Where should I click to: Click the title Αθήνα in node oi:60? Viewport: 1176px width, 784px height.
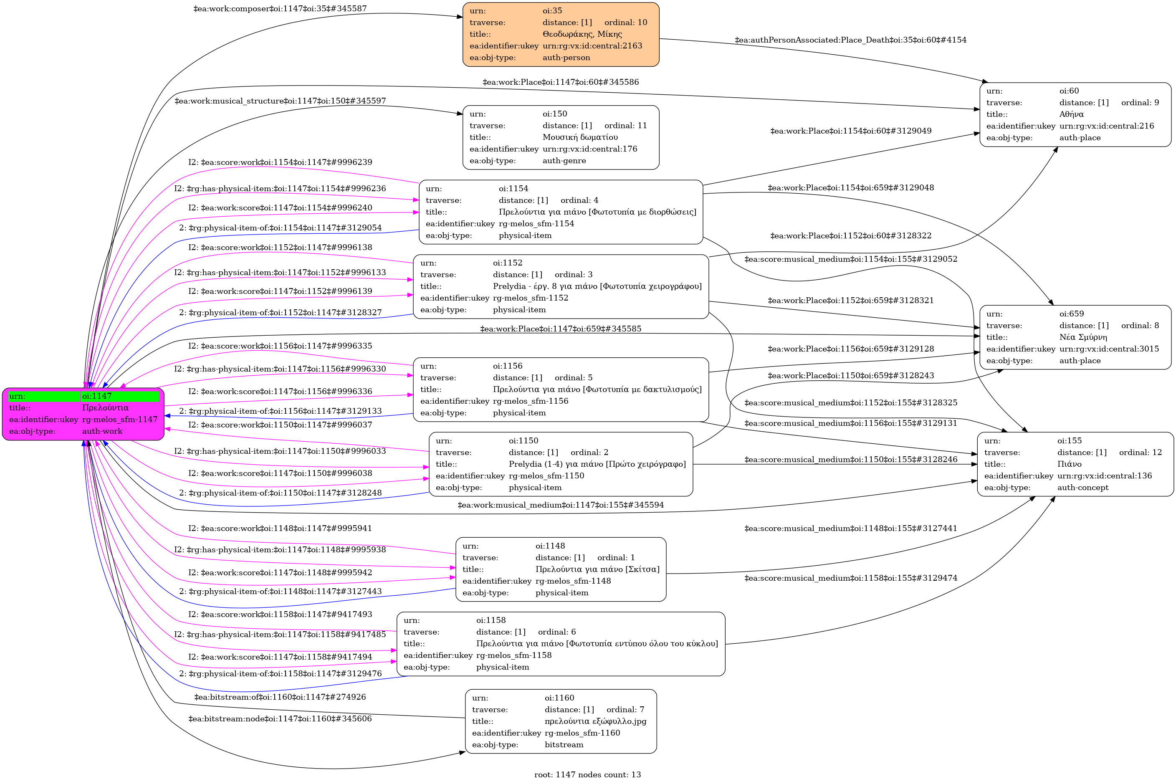(x=1071, y=114)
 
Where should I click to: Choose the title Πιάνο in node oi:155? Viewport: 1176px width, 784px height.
(x=1069, y=464)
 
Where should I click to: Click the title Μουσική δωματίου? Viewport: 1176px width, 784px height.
(x=580, y=137)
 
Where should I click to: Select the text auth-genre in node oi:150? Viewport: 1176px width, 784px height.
(x=564, y=160)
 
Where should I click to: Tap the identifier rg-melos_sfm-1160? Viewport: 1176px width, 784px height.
(x=582, y=733)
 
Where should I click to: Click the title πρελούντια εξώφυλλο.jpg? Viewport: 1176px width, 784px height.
(x=595, y=721)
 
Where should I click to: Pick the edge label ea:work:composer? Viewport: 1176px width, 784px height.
(x=280, y=8)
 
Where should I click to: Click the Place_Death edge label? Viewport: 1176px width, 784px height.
(x=850, y=40)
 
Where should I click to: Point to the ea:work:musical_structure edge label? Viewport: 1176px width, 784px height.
(x=280, y=101)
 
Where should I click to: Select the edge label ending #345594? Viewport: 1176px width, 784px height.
(x=561, y=505)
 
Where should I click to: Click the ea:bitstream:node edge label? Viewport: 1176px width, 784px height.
(x=280, y=719)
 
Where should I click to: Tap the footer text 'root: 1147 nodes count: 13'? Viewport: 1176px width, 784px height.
(x=587, y=774)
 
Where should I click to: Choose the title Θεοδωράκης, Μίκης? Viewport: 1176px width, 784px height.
(x=582, y=34)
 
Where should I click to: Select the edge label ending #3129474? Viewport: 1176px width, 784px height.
(x=850, y=578)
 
